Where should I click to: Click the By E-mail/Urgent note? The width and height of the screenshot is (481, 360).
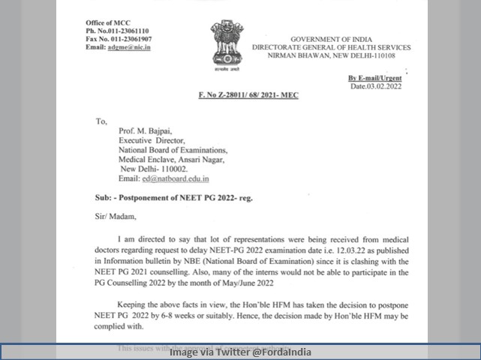[x=374, y=78]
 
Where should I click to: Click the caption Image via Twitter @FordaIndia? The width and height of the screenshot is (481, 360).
[x=240, y=352]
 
